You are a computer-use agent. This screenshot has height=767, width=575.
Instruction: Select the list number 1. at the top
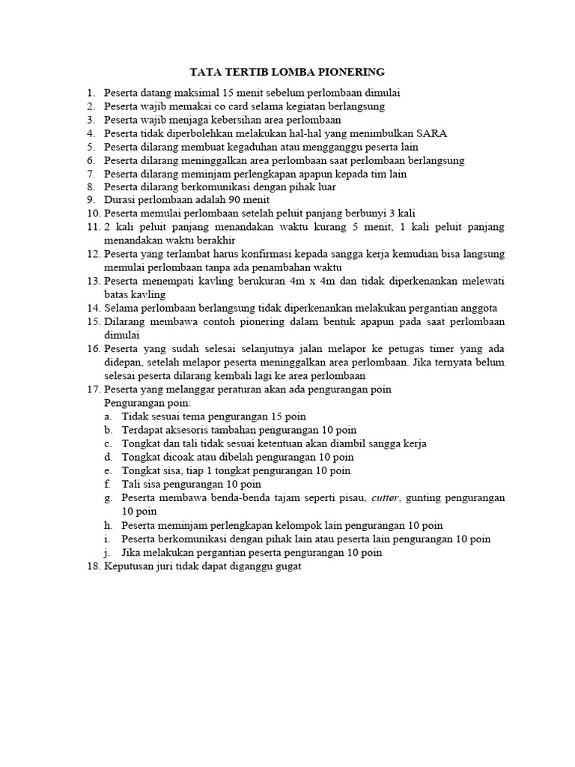(x=91, y=93)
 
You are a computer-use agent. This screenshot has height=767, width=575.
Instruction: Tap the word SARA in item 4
(x=432, y=133)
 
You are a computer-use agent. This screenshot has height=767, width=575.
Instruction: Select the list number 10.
(x=93, y=214)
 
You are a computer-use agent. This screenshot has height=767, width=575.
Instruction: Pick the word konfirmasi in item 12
(x=267, y=254)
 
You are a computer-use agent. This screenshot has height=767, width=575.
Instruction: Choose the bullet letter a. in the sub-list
(x=109, y=416)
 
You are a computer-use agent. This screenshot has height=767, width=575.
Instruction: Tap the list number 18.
(x=93, y=567)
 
